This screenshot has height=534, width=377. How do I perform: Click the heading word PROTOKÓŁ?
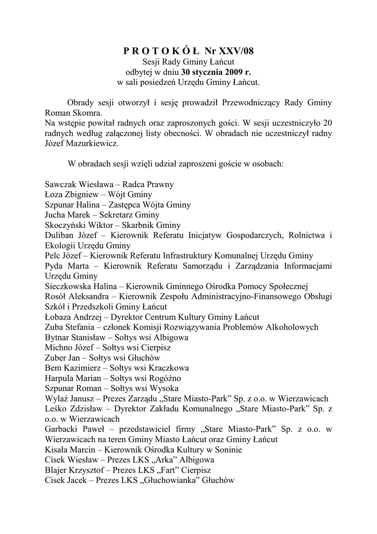click(161, 51)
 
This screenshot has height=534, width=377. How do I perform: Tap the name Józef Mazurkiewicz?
click(82, 143)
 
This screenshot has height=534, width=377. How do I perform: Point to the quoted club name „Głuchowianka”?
click(173, 480)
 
